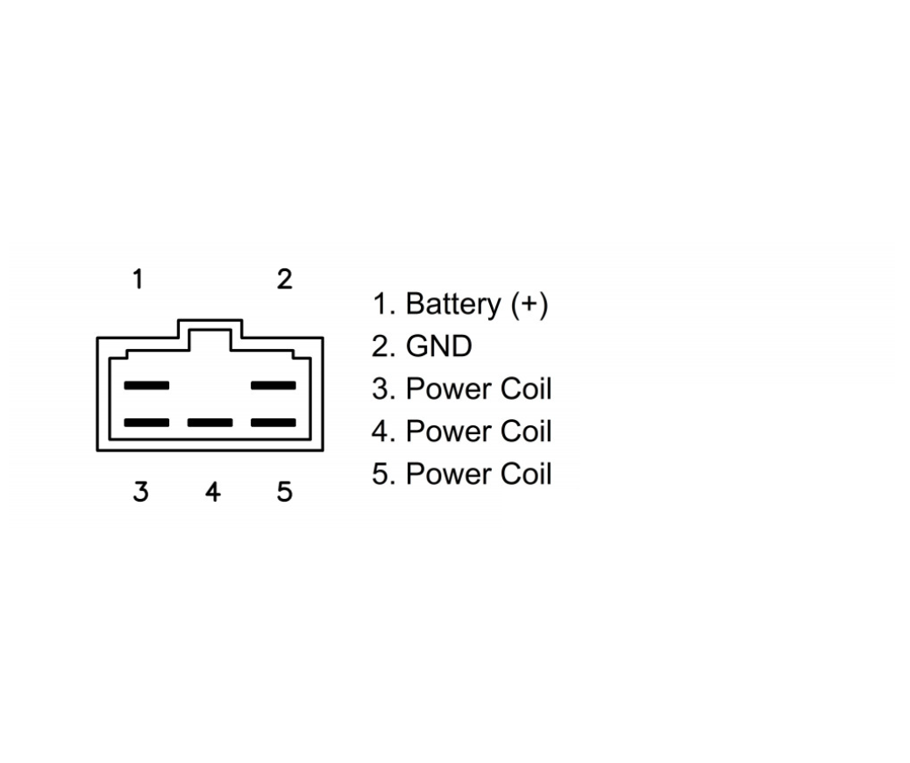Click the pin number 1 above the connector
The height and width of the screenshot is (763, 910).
point(138,279)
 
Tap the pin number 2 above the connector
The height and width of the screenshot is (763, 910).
point(284,279)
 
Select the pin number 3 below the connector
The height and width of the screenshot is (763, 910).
point(140,492)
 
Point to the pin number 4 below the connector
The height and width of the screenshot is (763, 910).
point(213,492)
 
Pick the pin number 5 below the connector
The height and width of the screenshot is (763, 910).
point(284,492)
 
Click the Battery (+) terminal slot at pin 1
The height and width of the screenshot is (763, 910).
point(146,386)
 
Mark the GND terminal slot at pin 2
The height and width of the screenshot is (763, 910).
point(274,386)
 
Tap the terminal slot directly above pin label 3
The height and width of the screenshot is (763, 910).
point(146,423)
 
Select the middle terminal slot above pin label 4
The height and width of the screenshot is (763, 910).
point(210,423)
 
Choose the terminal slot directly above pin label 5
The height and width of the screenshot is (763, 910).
point(274,423)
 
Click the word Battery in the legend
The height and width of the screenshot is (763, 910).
point(452,304)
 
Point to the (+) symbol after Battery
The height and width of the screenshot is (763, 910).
point(530,304)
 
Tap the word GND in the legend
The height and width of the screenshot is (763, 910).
point(438,346)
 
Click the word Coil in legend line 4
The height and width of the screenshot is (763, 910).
point(526,431)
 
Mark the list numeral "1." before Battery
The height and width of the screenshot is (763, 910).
point(384,303)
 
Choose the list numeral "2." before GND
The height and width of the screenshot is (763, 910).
point(384,346)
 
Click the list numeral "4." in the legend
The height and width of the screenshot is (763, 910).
point(384,431)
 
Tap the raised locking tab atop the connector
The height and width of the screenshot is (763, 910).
point(210,320)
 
